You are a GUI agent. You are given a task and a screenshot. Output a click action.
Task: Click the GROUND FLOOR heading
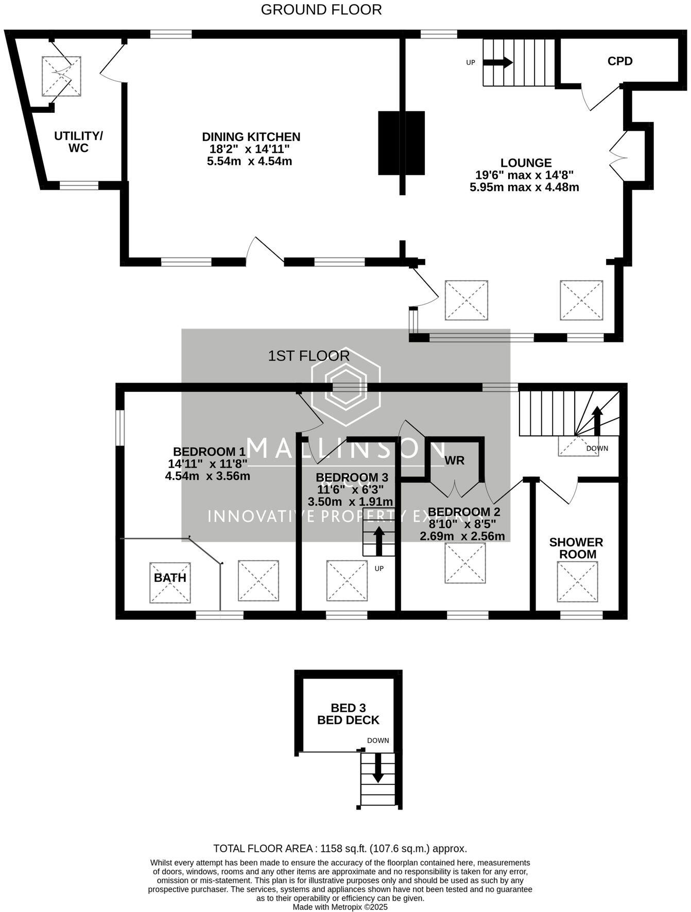[x=321, y=10]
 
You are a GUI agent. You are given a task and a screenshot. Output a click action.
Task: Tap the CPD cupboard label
[x=619, y=61]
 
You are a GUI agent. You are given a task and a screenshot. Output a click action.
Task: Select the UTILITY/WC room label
[x=78, y=142]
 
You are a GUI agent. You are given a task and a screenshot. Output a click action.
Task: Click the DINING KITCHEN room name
[x=251, y=137]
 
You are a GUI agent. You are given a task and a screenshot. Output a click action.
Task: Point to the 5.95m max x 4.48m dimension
[x=524, y=187]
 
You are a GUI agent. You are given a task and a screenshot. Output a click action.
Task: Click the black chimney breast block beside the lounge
[x=401, y=143]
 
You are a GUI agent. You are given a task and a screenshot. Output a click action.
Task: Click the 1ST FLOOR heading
[x=309, y=356]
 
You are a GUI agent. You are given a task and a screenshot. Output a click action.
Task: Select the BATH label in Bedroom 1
[x=170, y=578]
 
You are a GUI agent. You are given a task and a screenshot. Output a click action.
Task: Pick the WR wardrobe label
[x=454, y=460]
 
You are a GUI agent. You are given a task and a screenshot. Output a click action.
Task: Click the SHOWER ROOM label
[x=576, y=548]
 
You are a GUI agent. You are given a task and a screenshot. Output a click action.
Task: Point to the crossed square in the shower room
[x=577, y=582]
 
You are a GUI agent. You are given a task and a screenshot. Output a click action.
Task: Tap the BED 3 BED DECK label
[x=348, y=714]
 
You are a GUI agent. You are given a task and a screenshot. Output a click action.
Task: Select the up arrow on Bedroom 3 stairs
[x=378, y=541]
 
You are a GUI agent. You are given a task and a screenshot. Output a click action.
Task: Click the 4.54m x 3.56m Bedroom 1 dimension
[x=208, y=476]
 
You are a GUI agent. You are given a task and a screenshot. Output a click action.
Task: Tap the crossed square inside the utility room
[x=61, y=76]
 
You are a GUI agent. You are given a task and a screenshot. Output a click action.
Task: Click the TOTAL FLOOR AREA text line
[x=340, y=849]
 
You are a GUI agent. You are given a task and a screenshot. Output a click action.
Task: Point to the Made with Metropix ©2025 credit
[x=340, y=907]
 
